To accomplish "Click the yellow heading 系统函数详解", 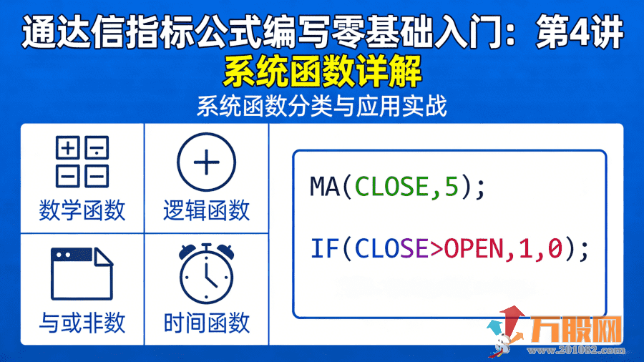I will pos(322,72).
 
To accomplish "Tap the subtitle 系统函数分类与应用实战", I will pos(322,107).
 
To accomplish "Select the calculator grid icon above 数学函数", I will pos(82,162).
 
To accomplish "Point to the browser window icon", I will pos(82,274).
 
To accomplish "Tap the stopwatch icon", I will pos(206,273).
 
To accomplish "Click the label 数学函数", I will pos(82,210).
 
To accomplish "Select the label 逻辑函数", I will pos(206,210).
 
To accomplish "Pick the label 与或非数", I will pos(82,323).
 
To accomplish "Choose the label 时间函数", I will pos(206,323).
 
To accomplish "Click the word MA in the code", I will pos(326,187).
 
